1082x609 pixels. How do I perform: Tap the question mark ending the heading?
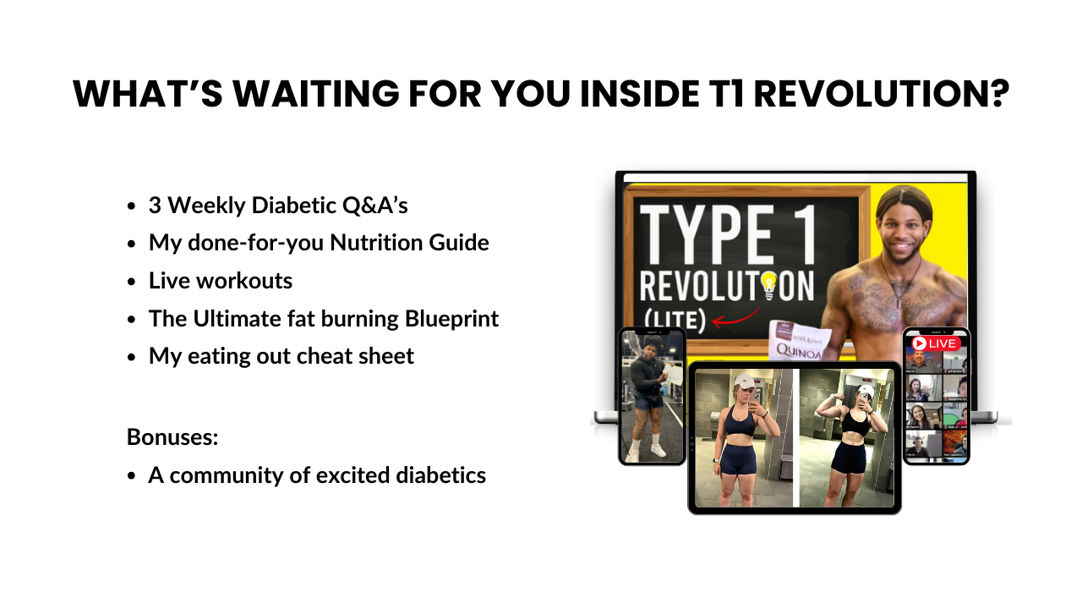click(x=997, y=94)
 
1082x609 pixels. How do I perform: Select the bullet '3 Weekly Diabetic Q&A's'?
click(x=278, y=206)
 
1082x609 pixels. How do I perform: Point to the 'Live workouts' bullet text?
click(x=221, y=280)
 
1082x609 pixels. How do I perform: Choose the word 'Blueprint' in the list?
click(x=451, y=318)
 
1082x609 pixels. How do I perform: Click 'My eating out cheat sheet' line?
click(x=281, y=356)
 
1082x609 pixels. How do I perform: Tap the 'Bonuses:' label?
click(x=172, y=437)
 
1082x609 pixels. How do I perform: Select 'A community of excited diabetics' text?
click(x=317, y=475)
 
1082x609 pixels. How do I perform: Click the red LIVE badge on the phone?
click(x=936, y=343)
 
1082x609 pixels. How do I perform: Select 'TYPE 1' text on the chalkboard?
click(x=727, y=233)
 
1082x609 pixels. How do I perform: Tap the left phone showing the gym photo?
click(x=652, y=396)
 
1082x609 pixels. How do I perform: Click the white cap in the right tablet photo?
click(x=864, y=392)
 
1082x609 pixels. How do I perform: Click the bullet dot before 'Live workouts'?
click(x=131, y=282)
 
